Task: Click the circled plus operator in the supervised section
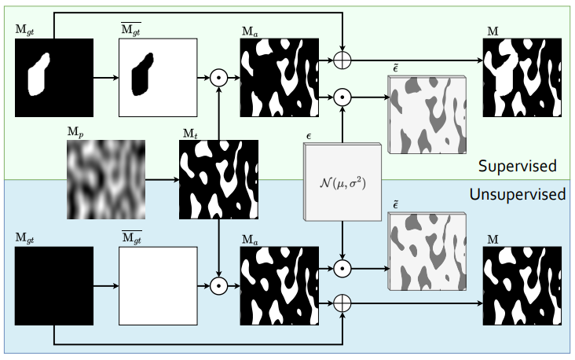342,60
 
